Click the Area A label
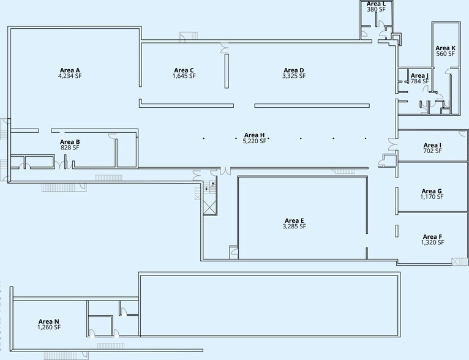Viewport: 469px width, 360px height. [x=70, y=70]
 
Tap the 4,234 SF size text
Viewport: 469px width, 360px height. [x=70, y=76]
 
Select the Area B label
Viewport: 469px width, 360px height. [x=70, y=141]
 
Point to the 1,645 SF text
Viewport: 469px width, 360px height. [x=184, y=76]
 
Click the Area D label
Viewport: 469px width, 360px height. [x=294, y=70]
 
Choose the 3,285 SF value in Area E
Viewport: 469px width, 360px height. [x=295, y=227]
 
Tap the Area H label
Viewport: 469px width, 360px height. [x=254, y=135]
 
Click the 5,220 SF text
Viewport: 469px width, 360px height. [x=254, y=141]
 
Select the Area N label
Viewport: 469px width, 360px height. [x=49, y=321]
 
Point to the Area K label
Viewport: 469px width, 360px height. [x=445, y=48]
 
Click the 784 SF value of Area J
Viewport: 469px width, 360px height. [x=419, y=81]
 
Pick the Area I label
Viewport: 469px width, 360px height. [x=432, y=145]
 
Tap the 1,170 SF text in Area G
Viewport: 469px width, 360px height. [x=432, y=197]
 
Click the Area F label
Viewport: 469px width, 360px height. [x=432, y=237]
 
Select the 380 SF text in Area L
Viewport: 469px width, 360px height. [x=377, y=9]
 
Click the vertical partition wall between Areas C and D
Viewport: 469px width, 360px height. [x=227, y=71]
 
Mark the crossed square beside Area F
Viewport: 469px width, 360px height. [x=460, y=261]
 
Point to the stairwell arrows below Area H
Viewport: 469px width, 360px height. [x=209, y=186]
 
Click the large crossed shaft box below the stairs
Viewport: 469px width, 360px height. [x=210, y=204]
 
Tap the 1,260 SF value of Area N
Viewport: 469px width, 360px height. [x=49, y=327]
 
